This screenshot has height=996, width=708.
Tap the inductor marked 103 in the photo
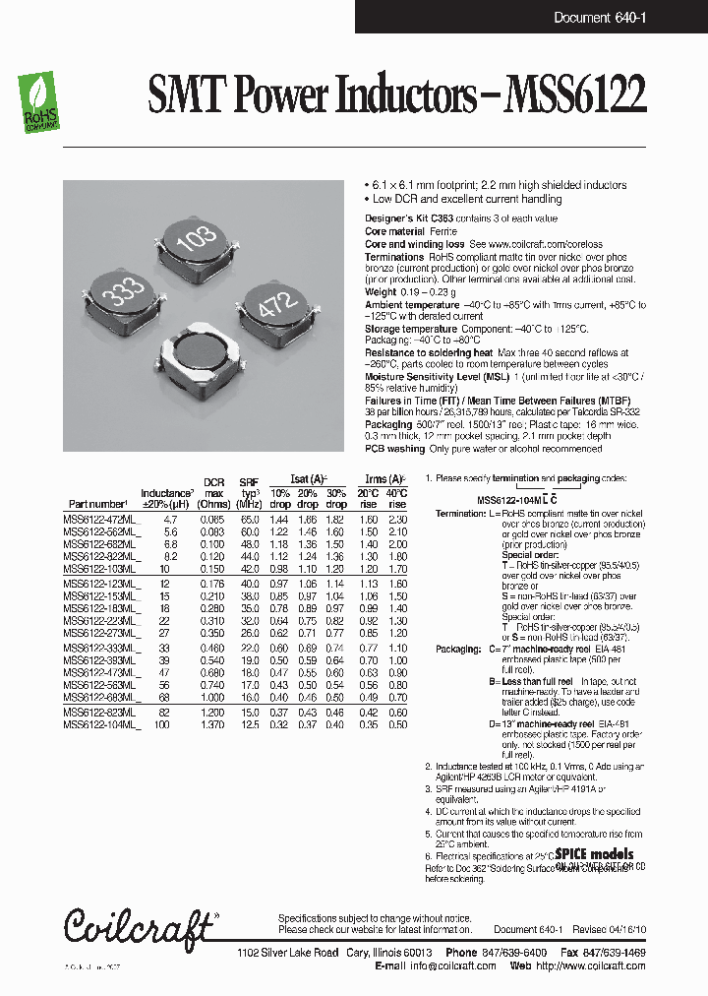[x=194, y=249]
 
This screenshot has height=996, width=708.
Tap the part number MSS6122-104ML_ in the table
[x=101, y=725]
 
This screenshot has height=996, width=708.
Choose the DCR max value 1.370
[x=213, y=725]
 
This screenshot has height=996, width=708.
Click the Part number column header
[x=96, y=503]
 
